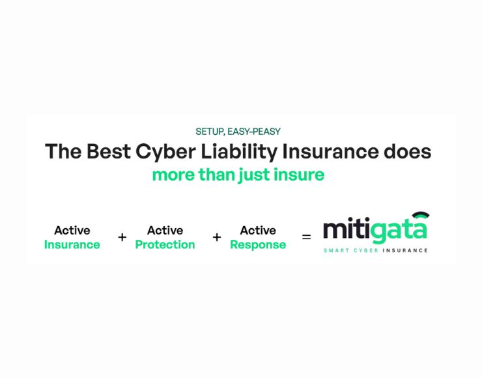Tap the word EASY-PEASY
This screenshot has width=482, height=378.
pos(254,132)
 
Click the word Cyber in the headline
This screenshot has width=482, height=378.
pos(165,153)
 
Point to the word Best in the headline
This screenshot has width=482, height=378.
pos(109,151)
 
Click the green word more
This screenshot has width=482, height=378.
pos(173,175)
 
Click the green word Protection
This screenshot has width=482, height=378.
pos(165,245)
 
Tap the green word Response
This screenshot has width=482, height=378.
pos(258,245)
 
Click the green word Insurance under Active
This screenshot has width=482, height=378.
pos(72,245)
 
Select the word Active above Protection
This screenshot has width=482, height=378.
pos(165,230)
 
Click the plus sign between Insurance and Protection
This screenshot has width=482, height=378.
pos(122,237)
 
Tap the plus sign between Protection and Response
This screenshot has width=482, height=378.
pos(217,237)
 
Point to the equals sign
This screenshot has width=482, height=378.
pos(307,237)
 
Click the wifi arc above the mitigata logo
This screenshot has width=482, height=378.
pos(421,214)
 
